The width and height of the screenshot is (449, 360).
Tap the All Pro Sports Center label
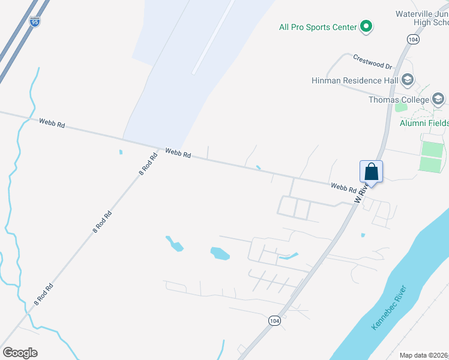(318, 27)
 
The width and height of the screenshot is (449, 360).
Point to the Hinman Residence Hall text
(355, 80)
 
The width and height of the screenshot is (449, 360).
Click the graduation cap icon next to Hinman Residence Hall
(408, 80)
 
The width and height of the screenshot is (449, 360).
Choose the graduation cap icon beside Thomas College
(438, 99)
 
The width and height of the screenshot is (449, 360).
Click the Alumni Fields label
(424, 123)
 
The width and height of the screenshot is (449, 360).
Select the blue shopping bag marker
(372, 172)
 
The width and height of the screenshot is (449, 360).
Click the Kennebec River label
(389, 307)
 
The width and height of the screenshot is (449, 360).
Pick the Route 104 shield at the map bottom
(274, 321)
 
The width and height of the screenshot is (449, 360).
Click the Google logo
(20, 353)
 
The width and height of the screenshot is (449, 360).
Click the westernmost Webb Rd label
(52, 122)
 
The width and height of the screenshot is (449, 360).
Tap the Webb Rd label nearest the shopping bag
(344, 187)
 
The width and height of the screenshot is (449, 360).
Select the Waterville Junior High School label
(422, 18)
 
